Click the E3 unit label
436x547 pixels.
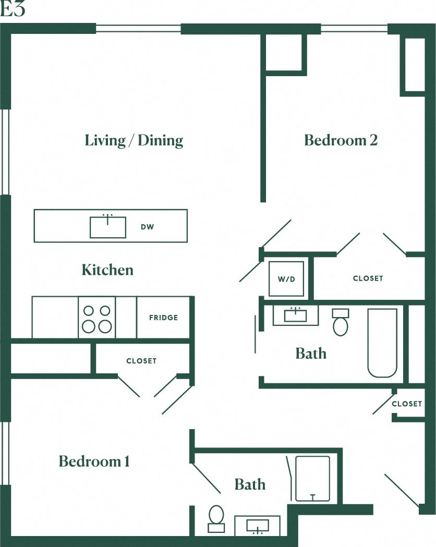click(13, 9)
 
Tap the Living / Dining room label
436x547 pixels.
click(134, 140)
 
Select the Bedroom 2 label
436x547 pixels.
click(341, 140)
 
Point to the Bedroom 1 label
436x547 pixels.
click(94, 461)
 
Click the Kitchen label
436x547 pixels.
click(107, 270)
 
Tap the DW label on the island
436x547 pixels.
click(147, 227)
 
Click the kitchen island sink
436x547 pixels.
click(108, 227)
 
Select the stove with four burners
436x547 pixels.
click(97, 318)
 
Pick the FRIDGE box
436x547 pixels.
click(163, 318)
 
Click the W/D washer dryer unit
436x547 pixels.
click(286, 279)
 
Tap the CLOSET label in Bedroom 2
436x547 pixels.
click(368, 278)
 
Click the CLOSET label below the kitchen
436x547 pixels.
click(141, 361)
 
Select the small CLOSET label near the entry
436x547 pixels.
click(407, 404)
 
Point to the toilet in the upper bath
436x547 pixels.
click(340, 323)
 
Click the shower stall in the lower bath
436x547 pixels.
click(312, 479)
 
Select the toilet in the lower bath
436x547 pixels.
click(216, 518)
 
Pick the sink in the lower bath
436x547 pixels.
click(257, 525)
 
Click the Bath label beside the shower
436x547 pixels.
click(250, 485)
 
